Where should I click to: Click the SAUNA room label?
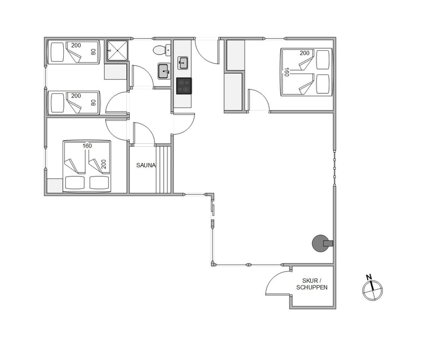click(145, 165)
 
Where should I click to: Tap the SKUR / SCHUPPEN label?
click(312, 284)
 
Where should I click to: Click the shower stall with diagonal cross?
click(117, 51)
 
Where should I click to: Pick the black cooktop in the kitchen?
click(184, 86)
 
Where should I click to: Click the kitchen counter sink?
click(183, 63)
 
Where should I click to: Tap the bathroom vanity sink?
click(164, 71)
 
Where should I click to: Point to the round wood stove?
click(320, 243)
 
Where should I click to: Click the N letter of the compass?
click(369, 277)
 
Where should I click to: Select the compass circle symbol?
click(372, 290)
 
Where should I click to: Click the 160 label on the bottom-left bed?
click(87, 146)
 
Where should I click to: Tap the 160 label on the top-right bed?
click(286, 72)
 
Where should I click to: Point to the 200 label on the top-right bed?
click(305, 53)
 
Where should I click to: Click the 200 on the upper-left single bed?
click(76, 45)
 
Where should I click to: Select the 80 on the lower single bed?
click(93, 103)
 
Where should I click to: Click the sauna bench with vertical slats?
click(163, 169)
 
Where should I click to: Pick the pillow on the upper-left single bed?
click(58, 52)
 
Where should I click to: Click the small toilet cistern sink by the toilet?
click(168, 50)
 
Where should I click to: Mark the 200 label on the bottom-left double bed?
click(103, 165)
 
